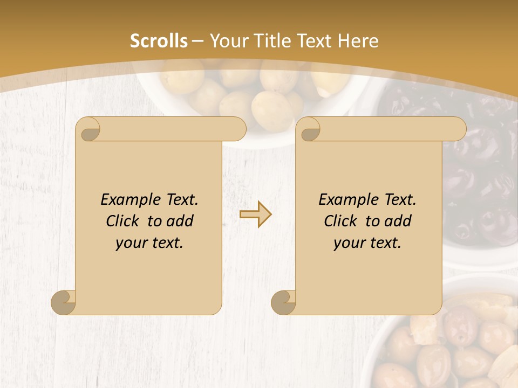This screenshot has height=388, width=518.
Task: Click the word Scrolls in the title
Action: click(x=159, y=41)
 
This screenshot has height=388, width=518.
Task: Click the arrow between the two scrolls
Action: click(x=255, y=214)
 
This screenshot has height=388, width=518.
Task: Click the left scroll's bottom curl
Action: click(x=63, y=302)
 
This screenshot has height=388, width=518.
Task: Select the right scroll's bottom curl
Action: click(x=283, y=302)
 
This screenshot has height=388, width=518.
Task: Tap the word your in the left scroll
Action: click(x=131, y=243)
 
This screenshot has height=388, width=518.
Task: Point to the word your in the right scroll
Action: click(x=349, y=243)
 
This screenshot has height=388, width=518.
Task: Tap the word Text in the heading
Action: click(x=313, y=41)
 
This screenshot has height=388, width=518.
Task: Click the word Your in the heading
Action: click(x=227, y=41)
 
